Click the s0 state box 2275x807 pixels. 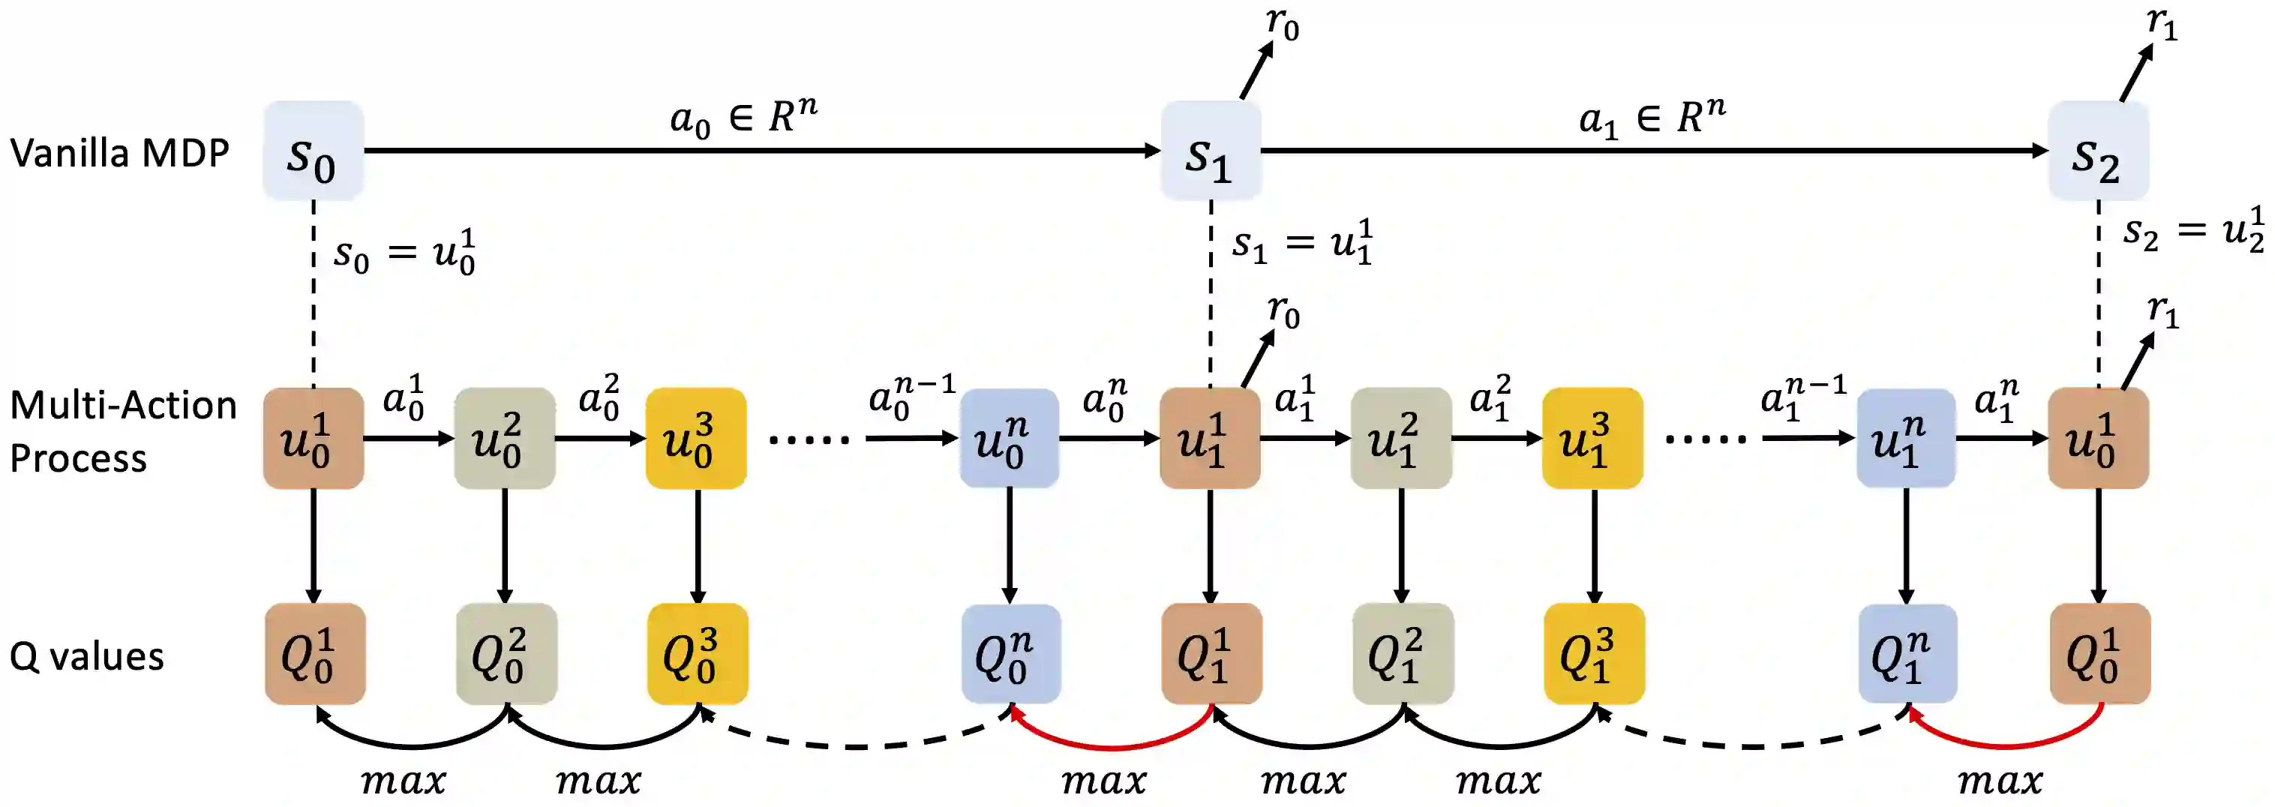click(x=313, y=151)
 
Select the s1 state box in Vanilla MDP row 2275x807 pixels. click(x=1210, y=151)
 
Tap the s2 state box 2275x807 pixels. click(x=2099, y=151)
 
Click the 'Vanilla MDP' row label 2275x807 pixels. click(x=119, y=154)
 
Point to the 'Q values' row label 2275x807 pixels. click(x=86, y=657)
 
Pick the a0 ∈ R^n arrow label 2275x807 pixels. click(x=743, y=115)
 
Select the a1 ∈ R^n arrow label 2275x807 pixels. click(x=1652, y=115)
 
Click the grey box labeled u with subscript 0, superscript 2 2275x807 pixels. click(x=504, y=438)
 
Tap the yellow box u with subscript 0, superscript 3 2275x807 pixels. click(x=696, y=438)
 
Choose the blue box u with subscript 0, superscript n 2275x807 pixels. click(x=1009, y=438)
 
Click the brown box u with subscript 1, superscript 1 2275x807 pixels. click(x=1210, y=438)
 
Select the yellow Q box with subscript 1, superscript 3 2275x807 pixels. click(x=1594, y=654)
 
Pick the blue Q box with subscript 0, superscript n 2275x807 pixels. click(x=1010, y=654)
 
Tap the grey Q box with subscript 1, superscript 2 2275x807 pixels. click(x=1403, y=654)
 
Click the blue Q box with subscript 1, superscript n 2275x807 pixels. click(x=1907, y=654)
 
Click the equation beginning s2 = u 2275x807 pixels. click(x=2194, y=230)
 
